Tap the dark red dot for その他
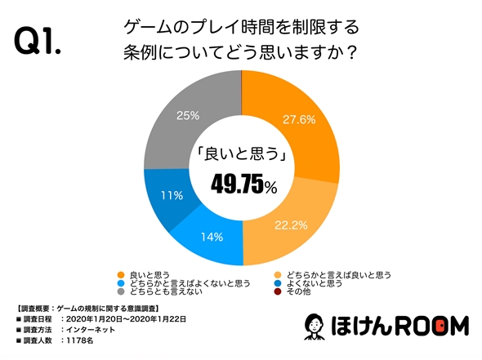[x=279, y=293]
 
